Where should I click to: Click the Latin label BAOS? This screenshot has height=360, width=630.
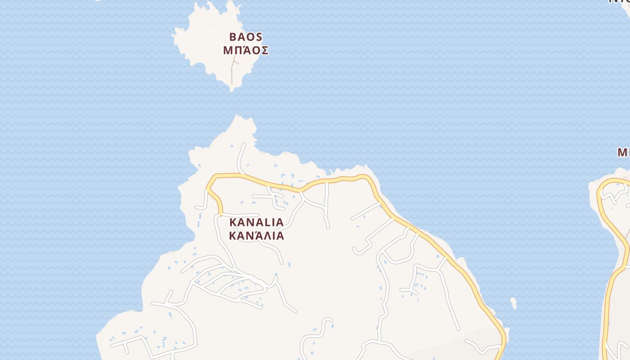pyautogui.click(x=246, y=37)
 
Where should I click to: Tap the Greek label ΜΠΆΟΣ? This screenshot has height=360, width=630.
pyautogui.click(x=246, y=50)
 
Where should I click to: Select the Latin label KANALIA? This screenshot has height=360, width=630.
pyautogui.click(x=256, y=222)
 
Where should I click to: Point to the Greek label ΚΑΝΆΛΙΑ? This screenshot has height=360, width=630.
pyautogui.click(x=256, y=236)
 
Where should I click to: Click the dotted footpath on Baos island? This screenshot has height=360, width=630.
pyautogui.click(x=232, y=72)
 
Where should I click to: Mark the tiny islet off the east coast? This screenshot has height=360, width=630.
pyautogui.click(x=513, y=303)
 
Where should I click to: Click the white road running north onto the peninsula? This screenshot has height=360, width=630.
pyautogui.click(x=241, y=157)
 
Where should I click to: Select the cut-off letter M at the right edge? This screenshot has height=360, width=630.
pyautogui.click(x=624, y=153)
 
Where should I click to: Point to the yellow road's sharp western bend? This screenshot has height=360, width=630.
pyautogui.click(x=208, y=185)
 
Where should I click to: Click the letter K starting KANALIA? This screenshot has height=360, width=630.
pyautogui.click(x=233, y=222)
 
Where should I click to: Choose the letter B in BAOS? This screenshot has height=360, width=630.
pyautogui.click(x=233, y=37)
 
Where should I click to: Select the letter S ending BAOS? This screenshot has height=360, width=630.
pyautogui.click(x=259, y=37)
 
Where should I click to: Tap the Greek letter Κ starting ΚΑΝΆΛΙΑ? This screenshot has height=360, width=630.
pyautogui.click(x=233, y=236)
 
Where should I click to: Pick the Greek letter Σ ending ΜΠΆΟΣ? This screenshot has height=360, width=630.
pyautogui.click(x=265, y=50)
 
